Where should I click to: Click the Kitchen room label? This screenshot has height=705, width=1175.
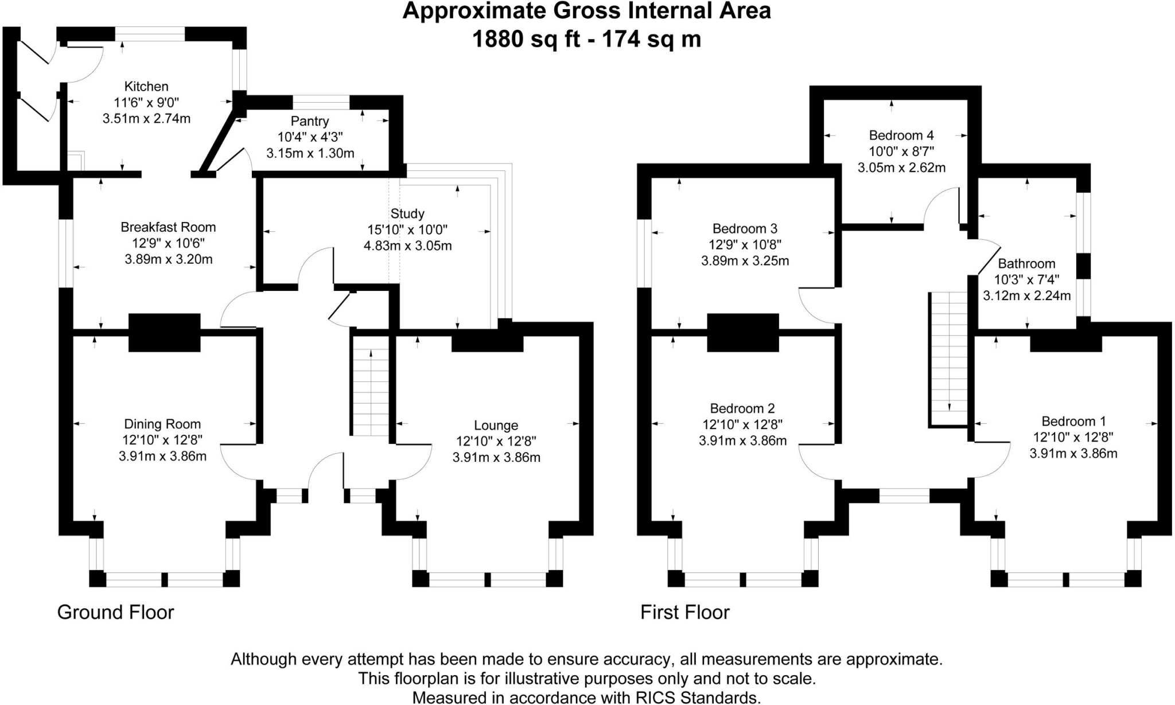click(146, 87)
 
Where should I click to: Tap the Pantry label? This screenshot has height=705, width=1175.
click(310, 121)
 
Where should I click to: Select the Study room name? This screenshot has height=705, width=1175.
click(407, 214)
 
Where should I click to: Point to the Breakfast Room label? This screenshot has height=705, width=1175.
click(168, 227)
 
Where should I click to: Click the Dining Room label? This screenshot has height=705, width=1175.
click(162, 424)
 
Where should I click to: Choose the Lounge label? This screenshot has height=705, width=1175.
click(496, 426)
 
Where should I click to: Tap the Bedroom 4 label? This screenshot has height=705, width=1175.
click(901, 135)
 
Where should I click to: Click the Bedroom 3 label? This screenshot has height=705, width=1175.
click(745, 229)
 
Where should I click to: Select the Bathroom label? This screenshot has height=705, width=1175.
click(1026, 264)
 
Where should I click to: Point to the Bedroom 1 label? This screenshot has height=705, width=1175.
click(1073, 422)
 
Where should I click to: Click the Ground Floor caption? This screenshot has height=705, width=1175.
click(115, 613)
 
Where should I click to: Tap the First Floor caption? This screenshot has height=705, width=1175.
click(684, 613)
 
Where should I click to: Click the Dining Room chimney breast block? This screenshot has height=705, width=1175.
click(164, 332)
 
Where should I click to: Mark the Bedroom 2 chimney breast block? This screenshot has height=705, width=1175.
click(742, 332)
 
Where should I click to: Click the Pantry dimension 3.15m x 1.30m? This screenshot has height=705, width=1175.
click(310, 154)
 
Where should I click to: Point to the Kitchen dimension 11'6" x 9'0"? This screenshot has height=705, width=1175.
click(146, 103)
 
